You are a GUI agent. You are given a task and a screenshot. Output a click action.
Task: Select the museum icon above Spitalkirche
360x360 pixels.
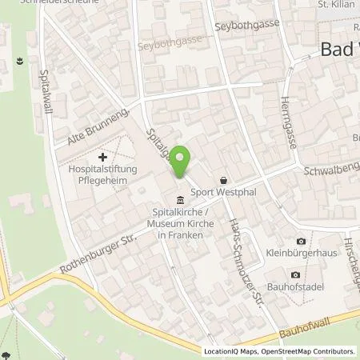click(x=180, y=200)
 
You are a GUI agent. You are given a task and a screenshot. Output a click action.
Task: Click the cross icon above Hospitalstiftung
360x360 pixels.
click(x=102, y=157)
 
